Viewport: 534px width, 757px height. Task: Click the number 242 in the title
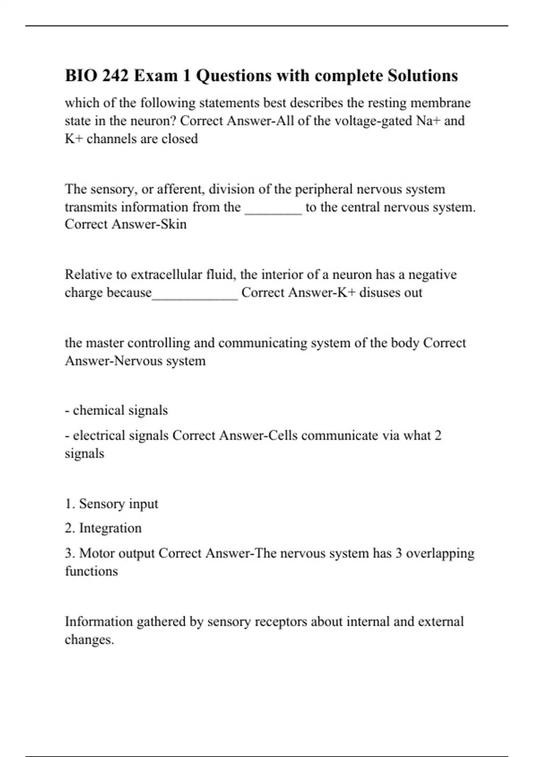tap(116, 76)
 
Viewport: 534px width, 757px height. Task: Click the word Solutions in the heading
tap(422, 76)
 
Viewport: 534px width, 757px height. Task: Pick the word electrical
tap(99, 435)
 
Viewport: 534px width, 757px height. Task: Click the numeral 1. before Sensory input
tap(70, 504)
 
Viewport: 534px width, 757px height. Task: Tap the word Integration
tap(110, 528)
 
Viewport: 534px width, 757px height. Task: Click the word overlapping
tap(440, 554)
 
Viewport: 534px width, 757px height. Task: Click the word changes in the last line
tap(89, 640)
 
